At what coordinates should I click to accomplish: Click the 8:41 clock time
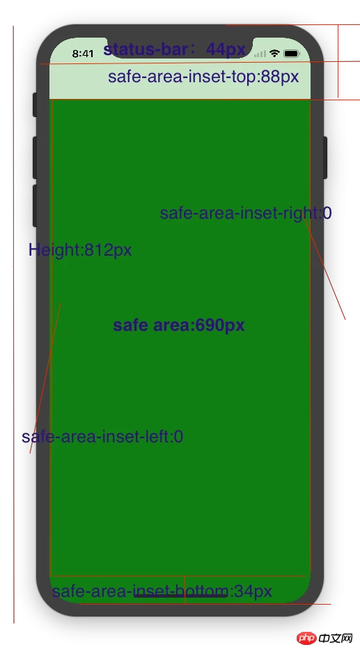click(83, 54)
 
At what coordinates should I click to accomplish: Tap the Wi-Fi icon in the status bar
click(274, 53)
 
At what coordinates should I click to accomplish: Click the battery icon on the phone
click(292, 54)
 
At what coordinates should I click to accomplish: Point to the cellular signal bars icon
click(260, 54)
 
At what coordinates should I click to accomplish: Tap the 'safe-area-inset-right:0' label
click(246, 213)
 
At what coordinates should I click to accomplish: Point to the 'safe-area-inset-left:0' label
click(102, 437)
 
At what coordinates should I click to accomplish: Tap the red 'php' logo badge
click(307, 638)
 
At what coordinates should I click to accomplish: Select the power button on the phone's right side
click(325, 157)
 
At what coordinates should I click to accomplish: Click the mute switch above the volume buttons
click(35, 104)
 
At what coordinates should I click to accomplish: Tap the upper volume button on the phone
click(35, 157)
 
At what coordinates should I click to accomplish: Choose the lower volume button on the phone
click(35, 205)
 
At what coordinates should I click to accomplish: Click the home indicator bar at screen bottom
click(180, 596)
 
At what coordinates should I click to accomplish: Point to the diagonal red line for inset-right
click(324, 269)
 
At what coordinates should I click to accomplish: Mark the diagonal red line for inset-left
click(45, 378)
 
